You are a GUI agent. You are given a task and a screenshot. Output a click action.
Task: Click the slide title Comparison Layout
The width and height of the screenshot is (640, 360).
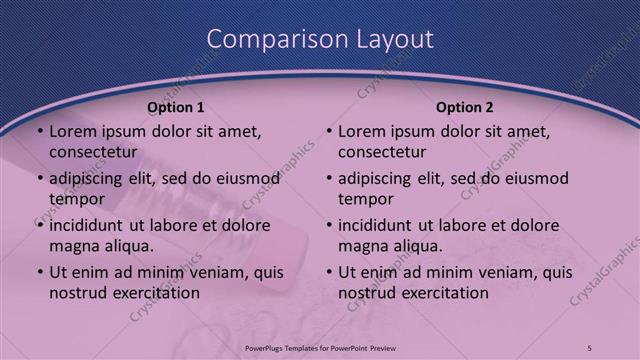(x=320, y=39)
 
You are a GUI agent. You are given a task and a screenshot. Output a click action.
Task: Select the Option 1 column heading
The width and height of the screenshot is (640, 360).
(x=176, y=107)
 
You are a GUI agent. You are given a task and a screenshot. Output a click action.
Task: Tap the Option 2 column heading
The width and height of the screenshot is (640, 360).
(x=465, y=107)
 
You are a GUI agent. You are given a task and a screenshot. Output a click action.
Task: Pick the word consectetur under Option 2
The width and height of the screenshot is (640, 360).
(x=381, y=152)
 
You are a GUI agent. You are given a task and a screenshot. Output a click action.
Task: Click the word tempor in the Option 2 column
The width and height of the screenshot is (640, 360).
(x=365, y=199)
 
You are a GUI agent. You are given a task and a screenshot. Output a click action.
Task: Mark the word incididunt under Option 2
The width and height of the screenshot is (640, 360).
(x=380, y=225)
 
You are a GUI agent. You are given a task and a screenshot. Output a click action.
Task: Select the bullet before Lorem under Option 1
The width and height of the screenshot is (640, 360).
(x=39, y=131)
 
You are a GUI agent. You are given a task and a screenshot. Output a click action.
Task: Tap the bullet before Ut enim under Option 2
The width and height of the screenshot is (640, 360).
(x=328, y=272)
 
